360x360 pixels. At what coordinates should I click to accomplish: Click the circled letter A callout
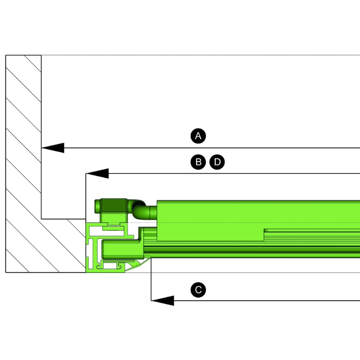pyautogui.click(x=198, y=136)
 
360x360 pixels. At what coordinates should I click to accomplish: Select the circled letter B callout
pyautogui.click(x=198, y=162)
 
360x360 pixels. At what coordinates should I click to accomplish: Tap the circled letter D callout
pyautogui.click(x=217, y=162)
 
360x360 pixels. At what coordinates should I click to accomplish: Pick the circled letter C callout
pyautogui.click(x=198, y=290)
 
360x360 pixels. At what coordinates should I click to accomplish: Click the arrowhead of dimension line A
pyautogui.click(x=53, y=148)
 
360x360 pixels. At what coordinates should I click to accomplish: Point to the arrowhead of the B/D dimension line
pyautogui.click(x=97, y=173)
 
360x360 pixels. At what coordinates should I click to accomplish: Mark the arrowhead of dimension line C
pyautogui.click(x=162, y=301)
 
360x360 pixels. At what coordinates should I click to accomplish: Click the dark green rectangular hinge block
pyautogui.click(x=114, y=206)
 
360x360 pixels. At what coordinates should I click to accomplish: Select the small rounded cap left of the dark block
pyautogui.click(x=97, y=206)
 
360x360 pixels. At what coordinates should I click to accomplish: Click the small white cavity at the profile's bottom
pyautogui.click(x=110, y=266)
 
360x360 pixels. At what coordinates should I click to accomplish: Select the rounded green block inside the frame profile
pyautogui.click(x=122, y=249)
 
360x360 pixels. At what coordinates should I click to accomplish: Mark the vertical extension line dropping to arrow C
pyautogui.click(x=151, y=279)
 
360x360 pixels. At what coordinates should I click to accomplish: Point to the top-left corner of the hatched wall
pyautogui.click(x=6, y=55)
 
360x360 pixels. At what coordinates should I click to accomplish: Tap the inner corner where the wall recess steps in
pyautogui.click(x=41, y=219)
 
